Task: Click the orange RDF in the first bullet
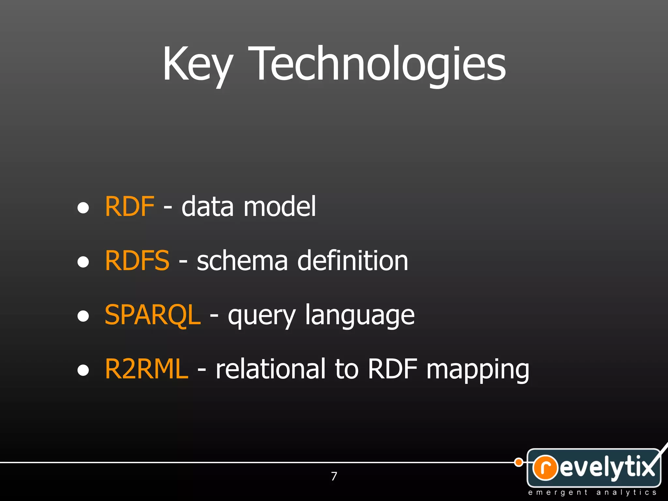(129, 206)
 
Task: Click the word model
(280, 206)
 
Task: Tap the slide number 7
(334, 476)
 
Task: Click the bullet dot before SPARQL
(83, 316)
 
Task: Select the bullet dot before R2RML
(83, 370)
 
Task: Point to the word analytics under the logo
(626, 492)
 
